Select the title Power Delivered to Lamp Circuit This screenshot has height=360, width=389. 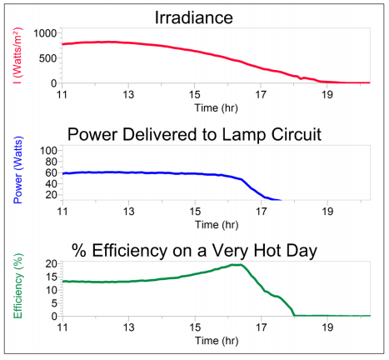click(194, 134)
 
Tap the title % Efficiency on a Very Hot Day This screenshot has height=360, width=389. click(194, 248)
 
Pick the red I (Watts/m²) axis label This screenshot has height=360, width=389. click(17, 57)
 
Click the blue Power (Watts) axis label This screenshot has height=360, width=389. click(17, 172)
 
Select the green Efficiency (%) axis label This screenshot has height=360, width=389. click(17, 289)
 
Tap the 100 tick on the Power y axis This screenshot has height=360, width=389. click(47, 150)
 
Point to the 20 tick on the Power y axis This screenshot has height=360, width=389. click(49, 195)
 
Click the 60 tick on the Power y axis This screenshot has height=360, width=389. click(49, 172)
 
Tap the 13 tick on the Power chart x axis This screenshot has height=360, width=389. click(128, 212)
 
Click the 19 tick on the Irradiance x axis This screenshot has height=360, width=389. click(328, 94)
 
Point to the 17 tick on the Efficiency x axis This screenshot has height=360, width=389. click(262, 327)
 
